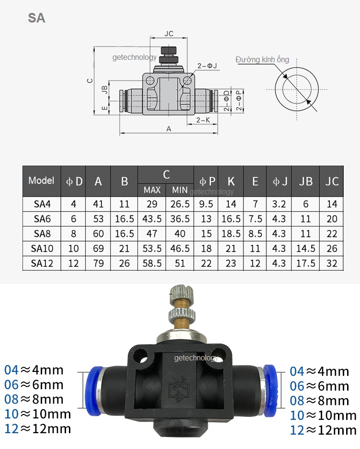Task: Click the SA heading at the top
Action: click(x=37, y=18)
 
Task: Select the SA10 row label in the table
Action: click(x=42, y=248)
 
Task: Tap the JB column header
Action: click(x=305, y=181)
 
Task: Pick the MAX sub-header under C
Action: click(x=152, y=190)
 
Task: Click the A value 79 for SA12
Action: click(x=98, y=263)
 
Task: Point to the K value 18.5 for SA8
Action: click(x=231, y=234)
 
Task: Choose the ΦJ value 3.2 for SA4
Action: click(x=279, y=204)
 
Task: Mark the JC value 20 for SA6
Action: click(x=332, y=219)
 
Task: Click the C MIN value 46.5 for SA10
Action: click(x=180, y=248)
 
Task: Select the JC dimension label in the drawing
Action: click(x=169, y=34)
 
